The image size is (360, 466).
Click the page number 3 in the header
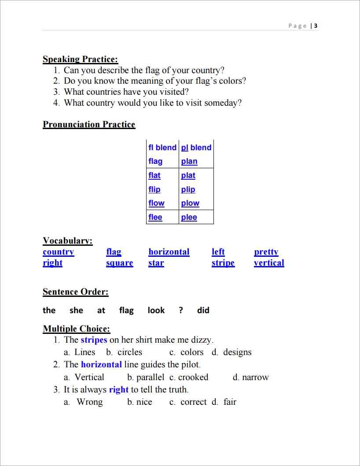point(316,26)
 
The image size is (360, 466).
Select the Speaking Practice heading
point(80,59)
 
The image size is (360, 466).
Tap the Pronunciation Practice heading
point(88,125)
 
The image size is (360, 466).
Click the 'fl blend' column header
point(162,148)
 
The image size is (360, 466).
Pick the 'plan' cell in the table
point(189,162)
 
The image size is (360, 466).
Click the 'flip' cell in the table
point(154,189)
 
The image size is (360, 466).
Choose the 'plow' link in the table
point(190,203)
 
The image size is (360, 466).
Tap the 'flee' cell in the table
point(155,217)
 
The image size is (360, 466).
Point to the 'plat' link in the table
point(188,175)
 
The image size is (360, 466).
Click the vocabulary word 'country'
point(59,252)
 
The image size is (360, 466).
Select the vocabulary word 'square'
point(119,263)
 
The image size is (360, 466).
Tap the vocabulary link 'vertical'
point(269,263)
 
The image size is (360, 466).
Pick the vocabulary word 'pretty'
point(266,252)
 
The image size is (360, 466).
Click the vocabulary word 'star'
point(156,263)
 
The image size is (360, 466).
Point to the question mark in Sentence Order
point(181,311)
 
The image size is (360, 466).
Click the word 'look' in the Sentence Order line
point(156,311)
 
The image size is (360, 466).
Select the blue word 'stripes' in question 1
point(94,340)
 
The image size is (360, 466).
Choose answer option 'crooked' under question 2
point(193,377)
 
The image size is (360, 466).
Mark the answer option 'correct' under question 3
point(193,402)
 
